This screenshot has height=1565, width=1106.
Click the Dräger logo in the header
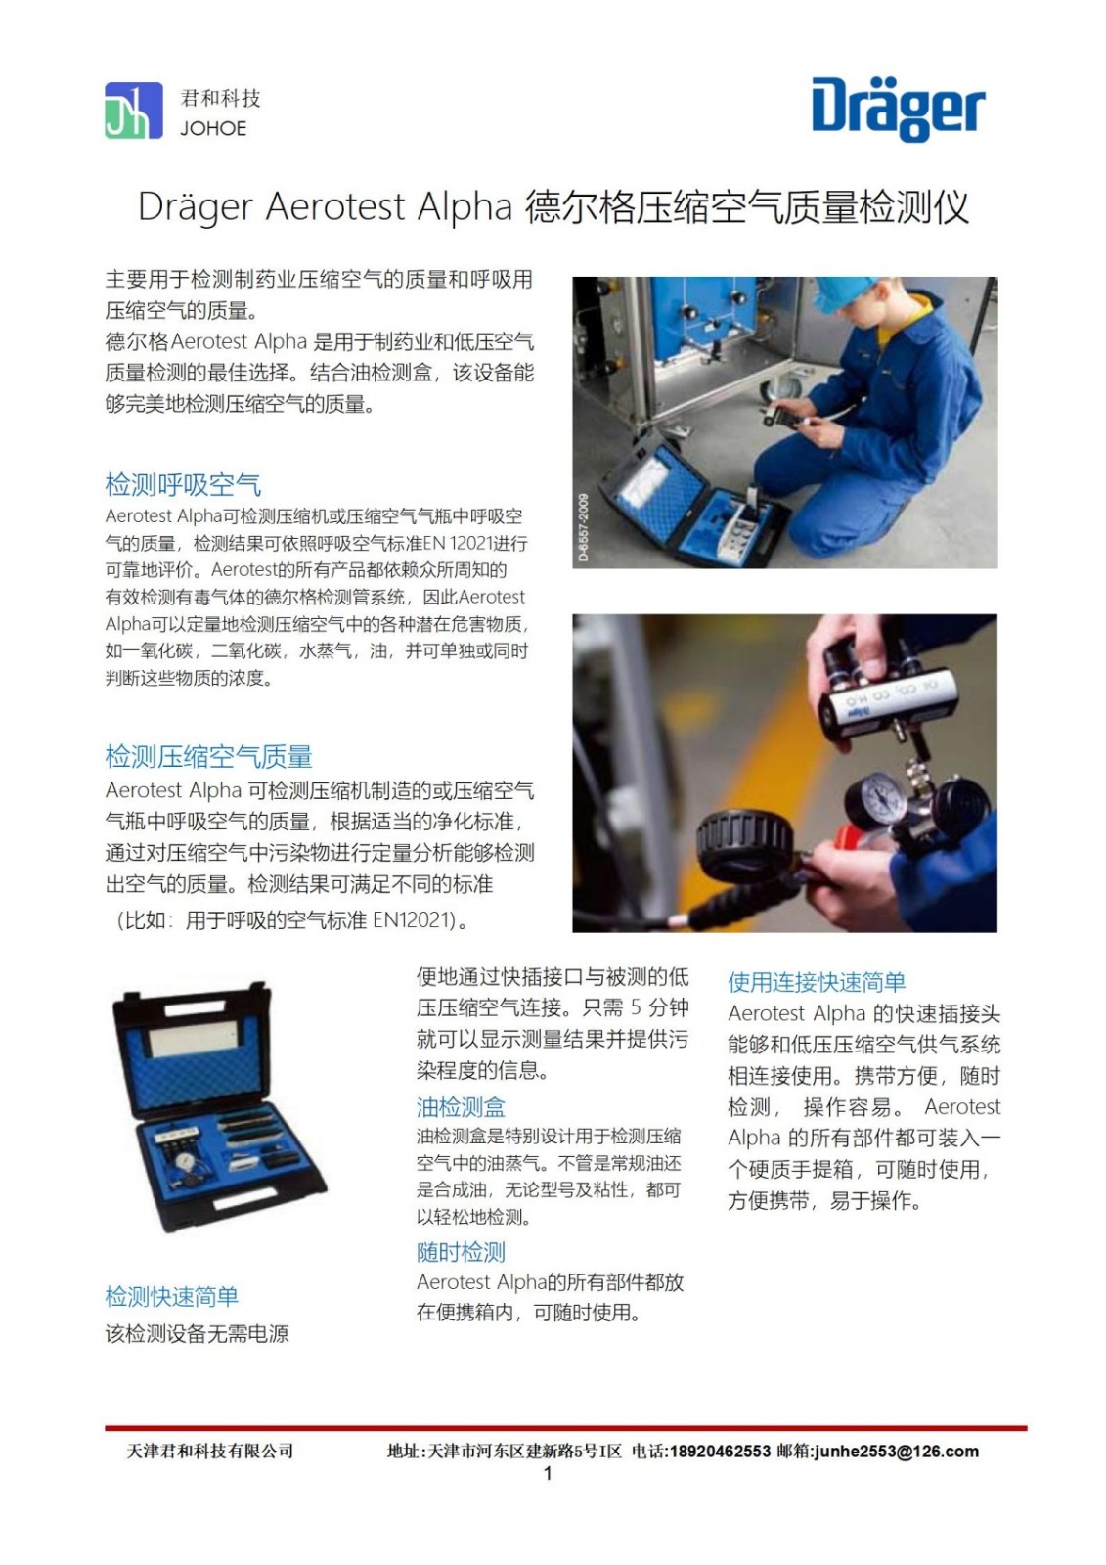pos(898,111)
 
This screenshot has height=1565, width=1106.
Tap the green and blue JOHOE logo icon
pos(133,111)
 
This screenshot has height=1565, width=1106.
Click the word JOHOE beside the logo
pos(213,128)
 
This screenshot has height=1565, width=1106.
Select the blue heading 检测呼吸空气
pos(183,484)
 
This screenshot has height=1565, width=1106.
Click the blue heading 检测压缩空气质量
pos(209,757)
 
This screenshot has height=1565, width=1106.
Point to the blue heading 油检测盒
pos(461,1107)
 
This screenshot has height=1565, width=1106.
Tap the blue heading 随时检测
pos(461,1252)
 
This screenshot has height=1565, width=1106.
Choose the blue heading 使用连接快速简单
pos(816,982)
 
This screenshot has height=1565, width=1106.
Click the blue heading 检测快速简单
pos(172,1296)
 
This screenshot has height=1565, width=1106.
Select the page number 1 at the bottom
pos(548,1473)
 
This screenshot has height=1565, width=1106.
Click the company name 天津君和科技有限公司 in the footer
pos(209,1452)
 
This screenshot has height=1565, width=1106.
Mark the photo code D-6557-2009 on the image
pos(584,527)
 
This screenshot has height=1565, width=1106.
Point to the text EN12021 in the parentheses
pos(410,920)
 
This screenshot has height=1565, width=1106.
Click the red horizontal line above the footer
pos(566,1428)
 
